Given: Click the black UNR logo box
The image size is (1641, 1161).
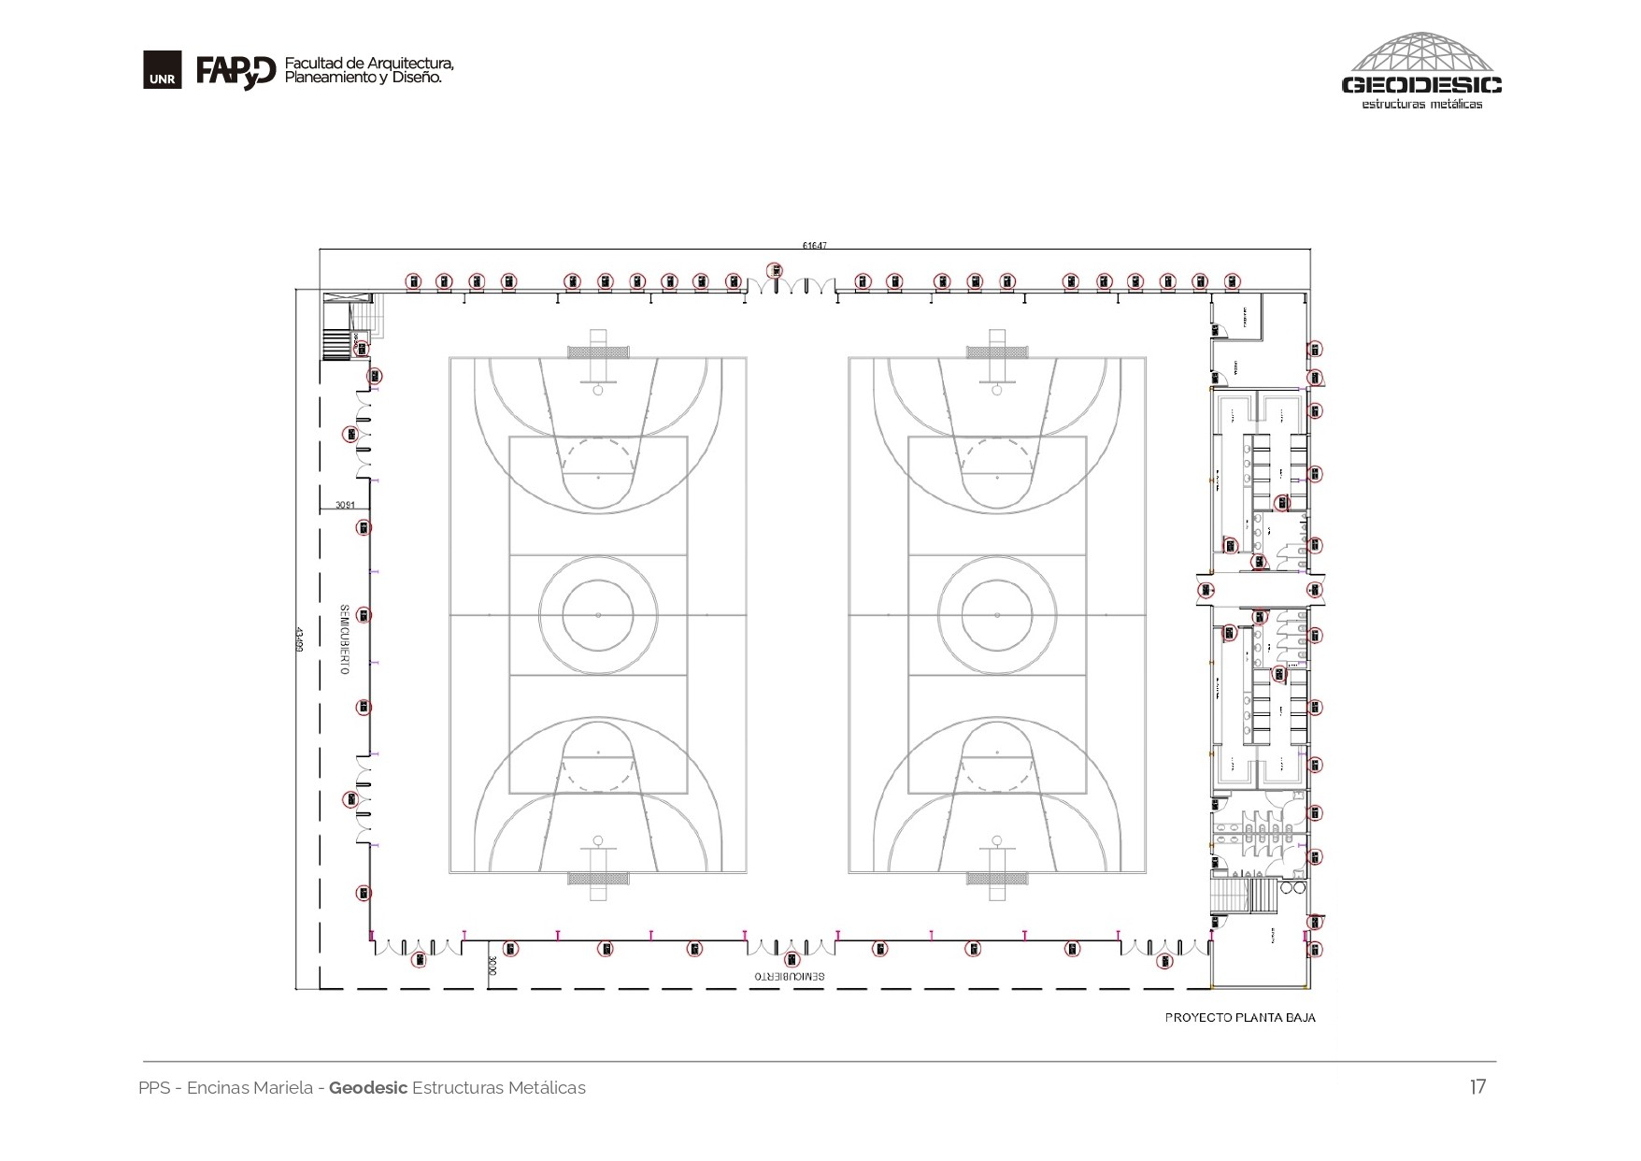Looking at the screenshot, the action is tap(162, 72).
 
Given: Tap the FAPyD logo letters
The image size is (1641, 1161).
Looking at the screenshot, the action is tap(235, 72).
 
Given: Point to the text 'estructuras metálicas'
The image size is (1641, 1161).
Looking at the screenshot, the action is tap(1421, 104).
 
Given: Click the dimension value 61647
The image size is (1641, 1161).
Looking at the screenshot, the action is tap(814, 246).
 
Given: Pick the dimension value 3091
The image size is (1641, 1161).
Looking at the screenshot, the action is tap(345, 506).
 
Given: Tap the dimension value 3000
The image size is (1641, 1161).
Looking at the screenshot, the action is tap(492, 966).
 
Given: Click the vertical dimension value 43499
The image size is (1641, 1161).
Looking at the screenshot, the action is tap(301, 640).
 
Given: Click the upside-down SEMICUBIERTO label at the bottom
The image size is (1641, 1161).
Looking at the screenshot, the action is tap(790, 976).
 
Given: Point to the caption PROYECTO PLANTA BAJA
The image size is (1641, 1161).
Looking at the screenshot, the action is tap(1239, 1017).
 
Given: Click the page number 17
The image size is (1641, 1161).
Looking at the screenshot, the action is tap(1477, 1086).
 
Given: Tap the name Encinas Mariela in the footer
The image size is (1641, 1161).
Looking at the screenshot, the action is tap(250, 1088).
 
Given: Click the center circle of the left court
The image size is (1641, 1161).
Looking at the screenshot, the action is tap(598, 615).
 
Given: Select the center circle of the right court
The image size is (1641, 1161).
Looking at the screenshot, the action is tap(997, 615).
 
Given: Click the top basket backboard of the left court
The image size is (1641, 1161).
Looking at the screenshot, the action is tap(598, 352).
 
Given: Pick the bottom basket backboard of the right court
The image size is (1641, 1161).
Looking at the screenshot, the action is tap(997, 878).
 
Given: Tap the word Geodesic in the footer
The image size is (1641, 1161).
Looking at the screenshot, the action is tap(368, 1088).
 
